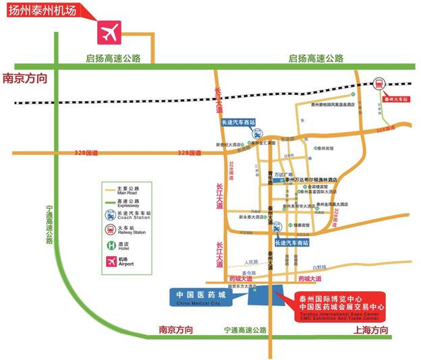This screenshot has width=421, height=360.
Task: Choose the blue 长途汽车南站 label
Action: pos(291,241)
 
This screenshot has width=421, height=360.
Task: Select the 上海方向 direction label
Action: pos(370,330)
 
